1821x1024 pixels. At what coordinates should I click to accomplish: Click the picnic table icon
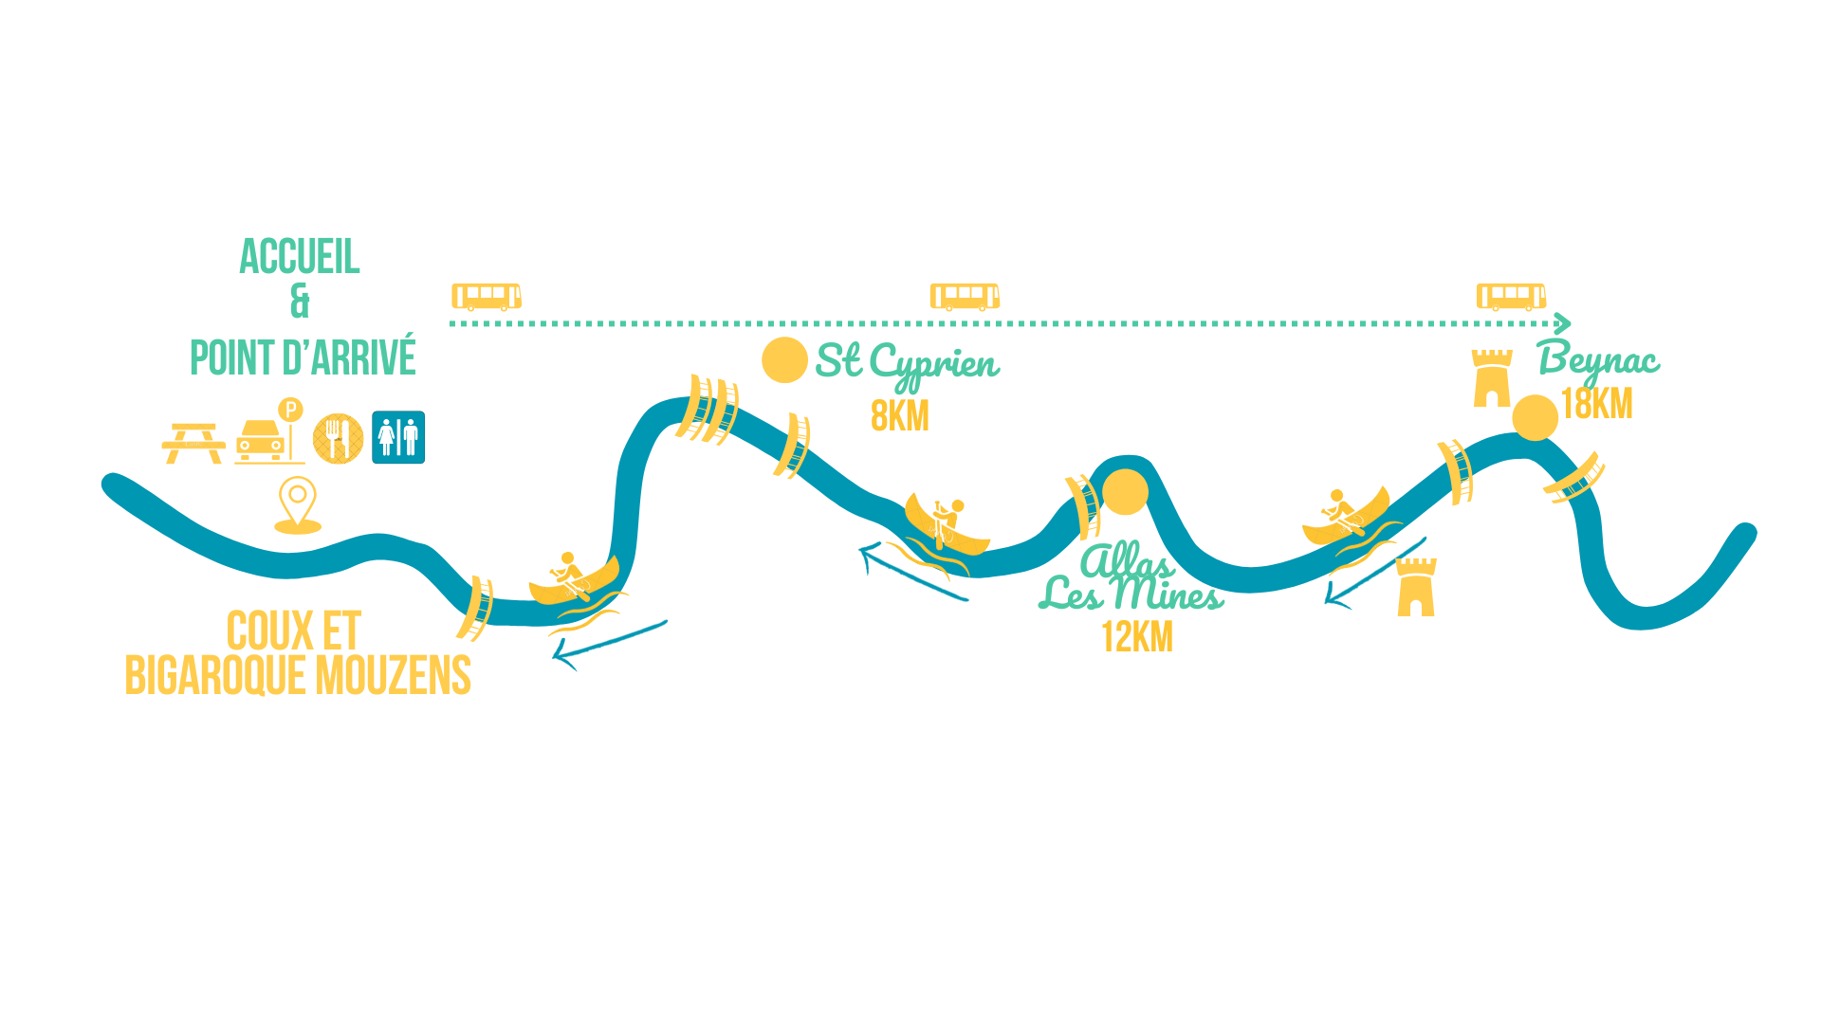[x=193, y=443]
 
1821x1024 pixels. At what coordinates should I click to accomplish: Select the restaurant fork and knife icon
[x=338, y=438]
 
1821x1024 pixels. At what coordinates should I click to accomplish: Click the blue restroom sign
[x=398, y=437]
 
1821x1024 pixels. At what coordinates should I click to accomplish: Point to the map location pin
[x=298, y=503]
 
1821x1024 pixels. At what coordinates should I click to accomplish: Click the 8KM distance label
[x=899, y=416]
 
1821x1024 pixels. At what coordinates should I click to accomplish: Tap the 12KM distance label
[x=1136, y=637]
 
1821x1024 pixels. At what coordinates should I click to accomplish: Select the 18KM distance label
[x=1597, y=405]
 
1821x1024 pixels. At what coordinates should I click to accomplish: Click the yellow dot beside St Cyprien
[x=784, y=360]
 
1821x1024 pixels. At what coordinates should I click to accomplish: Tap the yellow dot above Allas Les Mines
[x=1125, y=491]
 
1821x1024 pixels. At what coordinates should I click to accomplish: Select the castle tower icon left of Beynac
[x=1491, y=378]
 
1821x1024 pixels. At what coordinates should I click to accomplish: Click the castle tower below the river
[x=1416, y=587]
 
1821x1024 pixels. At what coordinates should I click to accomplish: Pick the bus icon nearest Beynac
[x=1511, y=297]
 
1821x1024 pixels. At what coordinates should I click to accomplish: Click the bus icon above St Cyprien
[x=965, y=297]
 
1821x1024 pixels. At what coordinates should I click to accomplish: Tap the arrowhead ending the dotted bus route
[x=1563, y=323]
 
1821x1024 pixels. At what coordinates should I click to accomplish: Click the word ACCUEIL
[x=300, y=257]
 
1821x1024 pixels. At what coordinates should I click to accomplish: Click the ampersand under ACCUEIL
[x=300, y=302]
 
